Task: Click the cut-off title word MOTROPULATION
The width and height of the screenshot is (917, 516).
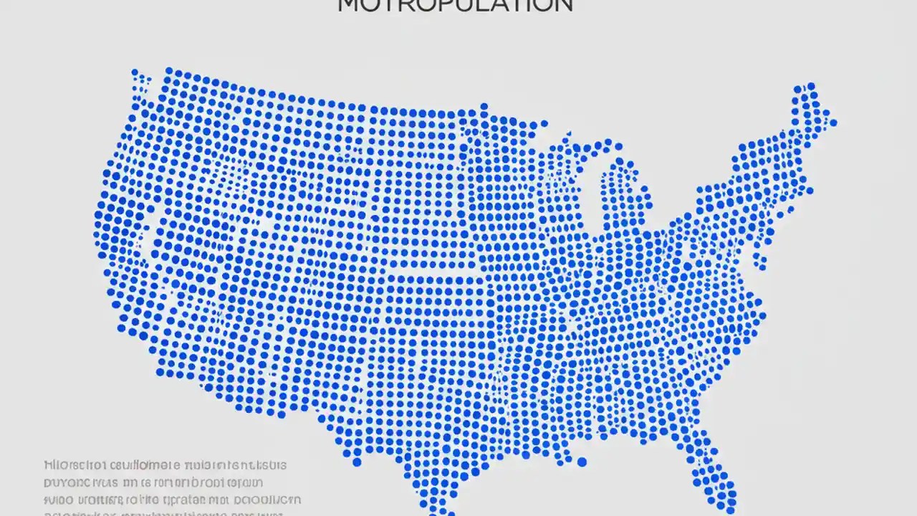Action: coord(455,5)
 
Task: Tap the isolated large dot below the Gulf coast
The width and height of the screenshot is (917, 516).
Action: coord(582,462)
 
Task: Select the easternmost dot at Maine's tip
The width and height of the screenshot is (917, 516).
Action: coord(832,123)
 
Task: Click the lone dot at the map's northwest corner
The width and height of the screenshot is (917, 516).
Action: coord(134,72)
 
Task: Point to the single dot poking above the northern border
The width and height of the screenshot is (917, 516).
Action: coord(484,107)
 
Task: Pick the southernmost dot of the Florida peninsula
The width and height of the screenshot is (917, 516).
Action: coord(731,506)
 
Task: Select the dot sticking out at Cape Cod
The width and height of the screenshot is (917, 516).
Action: coord(812,191)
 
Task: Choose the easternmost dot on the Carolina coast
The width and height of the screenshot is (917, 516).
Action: coord(762,315)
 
